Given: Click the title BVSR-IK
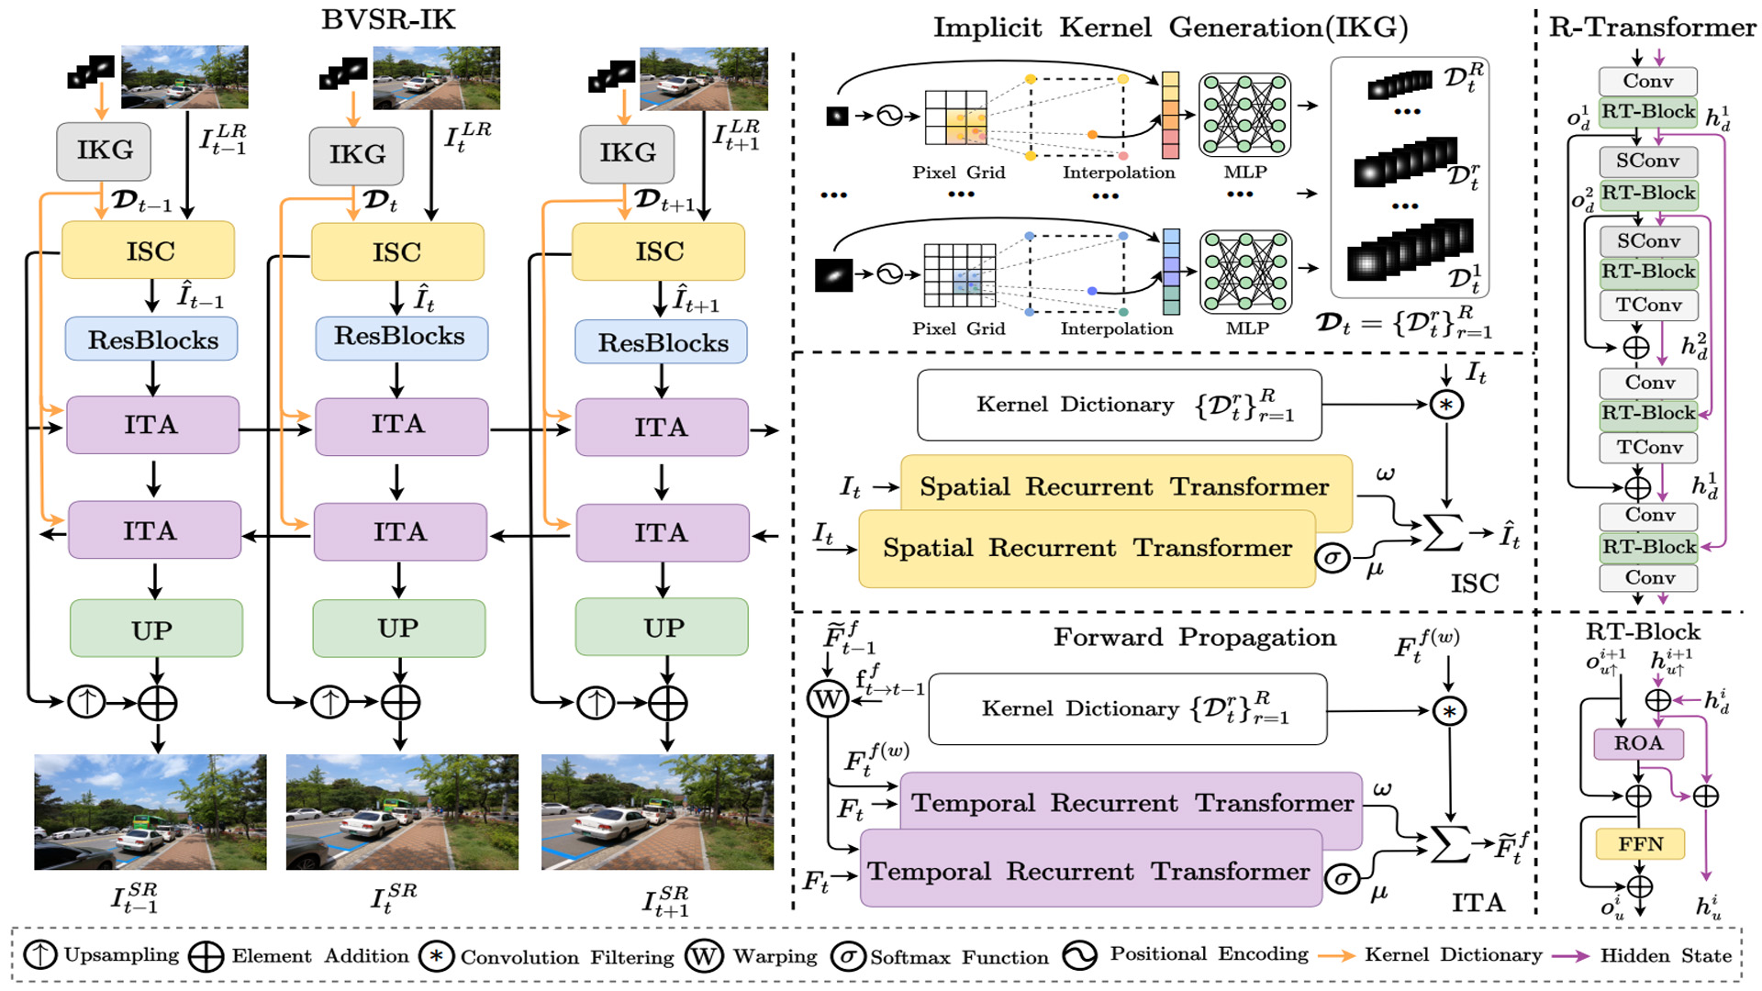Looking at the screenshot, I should tap(388, 19).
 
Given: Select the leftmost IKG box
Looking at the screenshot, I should tap(104, 150).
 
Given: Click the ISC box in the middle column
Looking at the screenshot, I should tap(396, 251).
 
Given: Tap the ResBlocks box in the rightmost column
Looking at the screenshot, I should tap(662, 342).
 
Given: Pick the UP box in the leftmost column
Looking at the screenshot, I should tap(156, 629).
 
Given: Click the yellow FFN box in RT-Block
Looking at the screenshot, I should tap(1640, 843).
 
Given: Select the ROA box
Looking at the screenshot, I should tap(1638, 743).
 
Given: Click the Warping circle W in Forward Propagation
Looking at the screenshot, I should tap(828, 699).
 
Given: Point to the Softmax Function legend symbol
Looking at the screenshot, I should tap(848, 956).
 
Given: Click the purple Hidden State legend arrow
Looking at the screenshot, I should tap(1570, 955).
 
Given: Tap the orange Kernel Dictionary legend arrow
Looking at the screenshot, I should tap(1336, 955).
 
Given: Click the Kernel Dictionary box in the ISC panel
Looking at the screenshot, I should tap(1119, 405).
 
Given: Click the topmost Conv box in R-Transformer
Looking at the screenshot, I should tap(1648, 81).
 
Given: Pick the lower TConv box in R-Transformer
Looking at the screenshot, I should tap(1649, 447).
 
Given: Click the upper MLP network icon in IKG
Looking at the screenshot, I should tap(1244, 115).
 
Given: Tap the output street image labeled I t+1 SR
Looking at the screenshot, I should tap(657, 812).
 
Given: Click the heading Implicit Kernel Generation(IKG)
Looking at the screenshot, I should tap(1170, 28).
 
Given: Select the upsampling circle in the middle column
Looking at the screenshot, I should tap(330, 702).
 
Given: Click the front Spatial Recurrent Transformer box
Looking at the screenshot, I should tap(1087, 549).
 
